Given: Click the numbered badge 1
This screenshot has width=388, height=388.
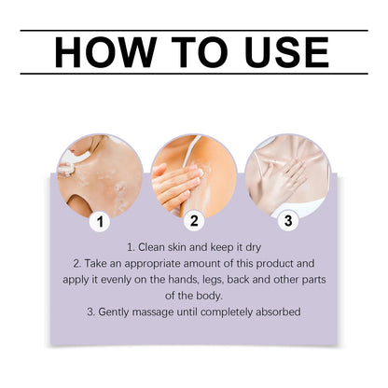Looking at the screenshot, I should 103,222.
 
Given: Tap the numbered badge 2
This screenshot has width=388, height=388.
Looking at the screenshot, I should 194,222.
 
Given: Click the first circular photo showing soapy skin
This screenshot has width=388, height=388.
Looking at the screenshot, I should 102,174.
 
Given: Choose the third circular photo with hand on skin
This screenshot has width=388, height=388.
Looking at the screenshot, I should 286,174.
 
